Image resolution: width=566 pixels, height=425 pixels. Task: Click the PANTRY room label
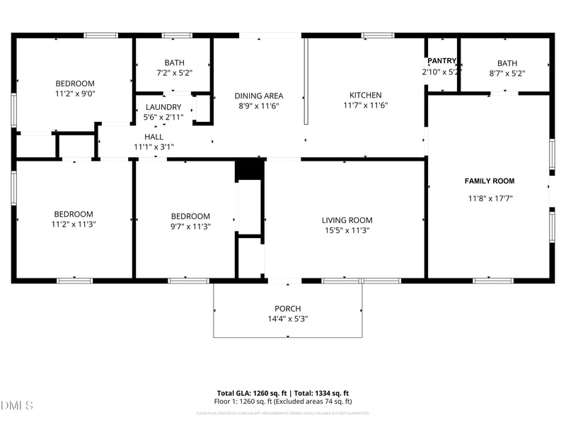click(442, 61)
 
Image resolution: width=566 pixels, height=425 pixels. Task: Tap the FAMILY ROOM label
click(489, 181)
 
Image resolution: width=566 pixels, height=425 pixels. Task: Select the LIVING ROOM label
click(347, 220)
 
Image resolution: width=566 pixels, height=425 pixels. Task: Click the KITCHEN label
click(365, 95)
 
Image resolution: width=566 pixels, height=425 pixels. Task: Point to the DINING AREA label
click(259, 96)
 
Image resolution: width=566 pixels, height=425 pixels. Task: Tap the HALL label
click(154, 137)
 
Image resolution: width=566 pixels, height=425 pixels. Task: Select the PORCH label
click(288, 309)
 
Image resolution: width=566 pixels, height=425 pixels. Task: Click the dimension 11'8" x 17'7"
click(489, 199)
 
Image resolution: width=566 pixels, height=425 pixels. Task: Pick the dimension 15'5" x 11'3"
click(347, 230)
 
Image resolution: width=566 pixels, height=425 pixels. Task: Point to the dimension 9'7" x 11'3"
click(190, 227)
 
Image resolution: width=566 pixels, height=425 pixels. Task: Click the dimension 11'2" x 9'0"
click(74, 93)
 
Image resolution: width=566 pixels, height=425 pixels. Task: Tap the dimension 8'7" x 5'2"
click(507, 72)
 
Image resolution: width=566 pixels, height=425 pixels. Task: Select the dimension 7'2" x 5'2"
click(174, 72)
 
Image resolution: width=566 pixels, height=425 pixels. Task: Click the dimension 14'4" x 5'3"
click(288, 319)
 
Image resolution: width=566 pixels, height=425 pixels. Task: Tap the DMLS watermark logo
click(17, 406)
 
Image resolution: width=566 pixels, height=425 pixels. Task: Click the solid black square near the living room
click(249, 171)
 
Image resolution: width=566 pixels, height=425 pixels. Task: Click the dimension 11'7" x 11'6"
click(365, 106)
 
